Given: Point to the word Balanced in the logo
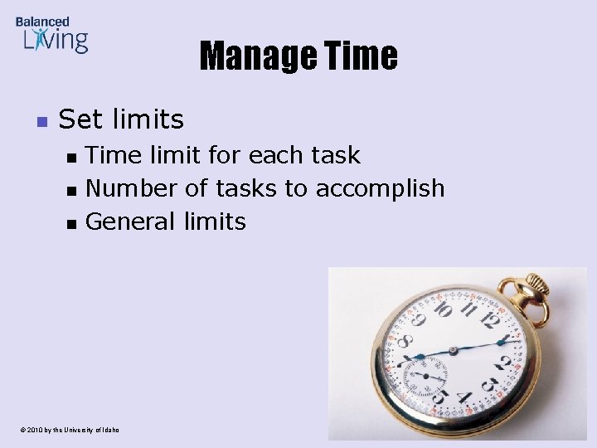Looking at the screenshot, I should click(42, 21).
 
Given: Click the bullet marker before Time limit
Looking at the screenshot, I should click(71, 157).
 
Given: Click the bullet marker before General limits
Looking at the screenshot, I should click(71, 223).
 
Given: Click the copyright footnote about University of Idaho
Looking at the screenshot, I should click(66, 430).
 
